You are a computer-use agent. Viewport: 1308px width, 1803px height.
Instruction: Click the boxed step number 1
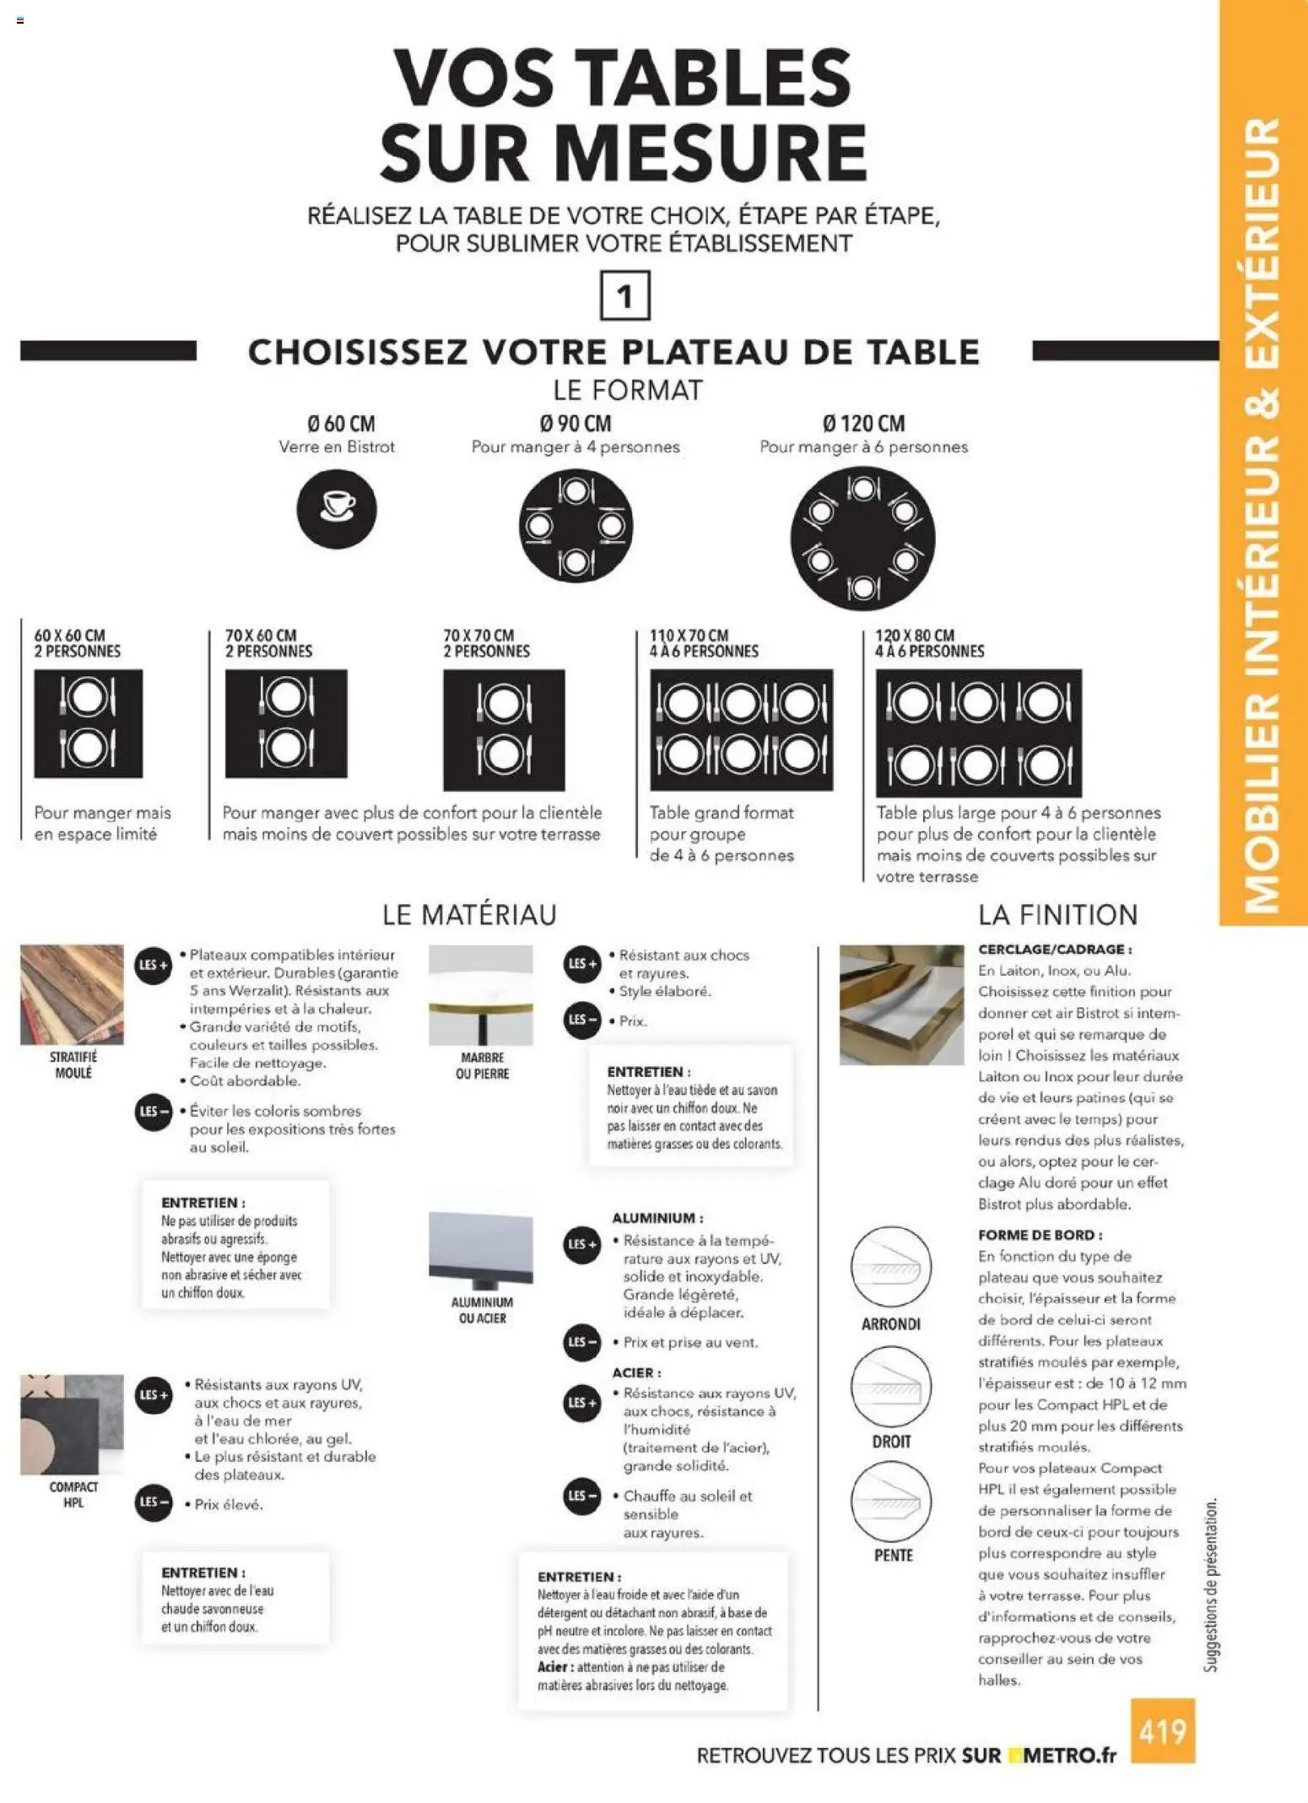(624, 295)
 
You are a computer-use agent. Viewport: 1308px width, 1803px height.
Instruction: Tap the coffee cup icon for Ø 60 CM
(336, 509)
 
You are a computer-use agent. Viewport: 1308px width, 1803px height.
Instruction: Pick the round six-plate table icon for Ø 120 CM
(862, 538)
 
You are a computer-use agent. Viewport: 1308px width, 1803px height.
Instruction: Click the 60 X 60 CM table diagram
(88, 723)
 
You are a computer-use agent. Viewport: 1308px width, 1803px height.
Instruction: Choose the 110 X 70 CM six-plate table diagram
(741, 729)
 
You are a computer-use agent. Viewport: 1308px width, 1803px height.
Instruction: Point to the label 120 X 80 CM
(915, 635)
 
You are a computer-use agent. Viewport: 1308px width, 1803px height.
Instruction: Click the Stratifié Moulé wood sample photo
(72, 994)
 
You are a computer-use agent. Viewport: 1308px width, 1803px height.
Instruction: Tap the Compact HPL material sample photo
(72, 1424)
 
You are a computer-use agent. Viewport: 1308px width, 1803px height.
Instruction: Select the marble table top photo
(481, 994)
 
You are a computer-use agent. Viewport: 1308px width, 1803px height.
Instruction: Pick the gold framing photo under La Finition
(901, 1004)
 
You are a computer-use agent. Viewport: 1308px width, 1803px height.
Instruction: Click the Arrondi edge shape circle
(890, 1268)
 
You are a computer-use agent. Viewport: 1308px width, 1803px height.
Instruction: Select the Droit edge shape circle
(890, 1386)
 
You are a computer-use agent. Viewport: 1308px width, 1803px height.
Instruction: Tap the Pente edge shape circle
(890, 1501)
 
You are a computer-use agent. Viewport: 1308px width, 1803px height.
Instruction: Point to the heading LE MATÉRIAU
(469, 914)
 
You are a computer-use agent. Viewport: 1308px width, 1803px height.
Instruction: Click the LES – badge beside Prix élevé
(154, 1502)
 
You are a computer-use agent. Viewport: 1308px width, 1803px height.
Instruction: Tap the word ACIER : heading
(636, 1373)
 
